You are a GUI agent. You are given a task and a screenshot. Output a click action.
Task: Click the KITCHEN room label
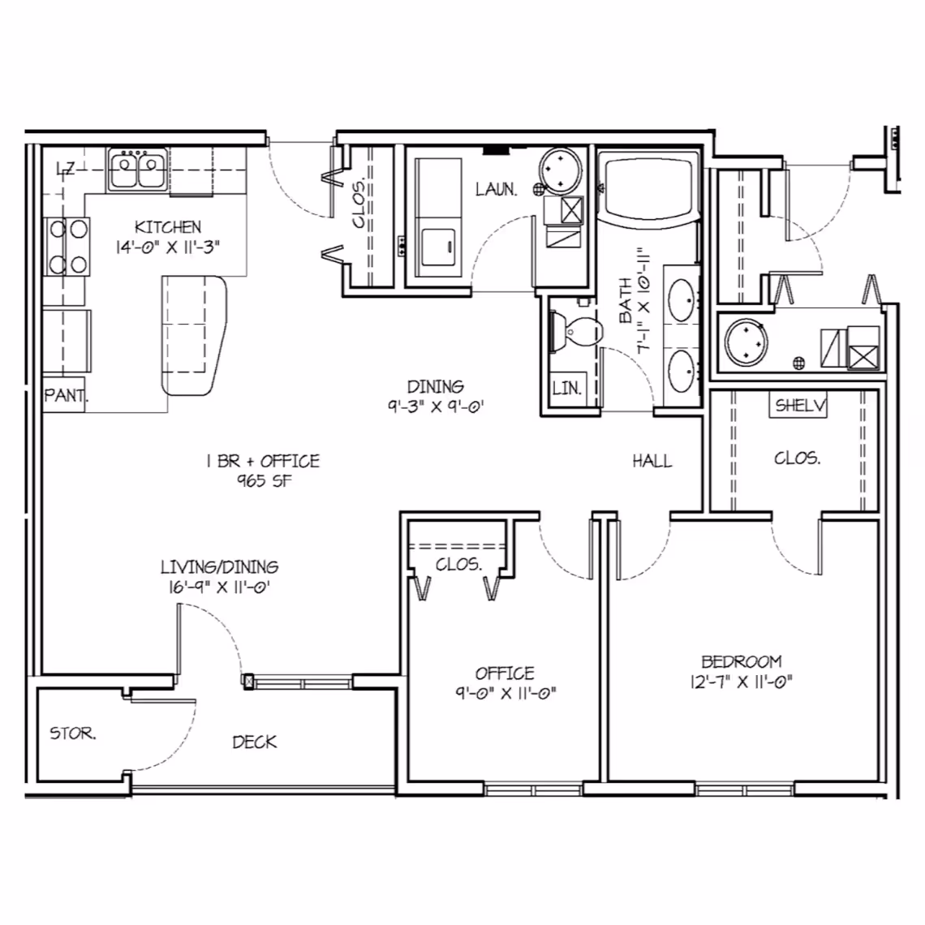(x=168, y=227)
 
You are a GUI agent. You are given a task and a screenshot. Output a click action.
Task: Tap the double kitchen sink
(x=137, y=170)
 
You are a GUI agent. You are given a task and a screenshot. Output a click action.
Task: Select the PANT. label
(x=65, y=397)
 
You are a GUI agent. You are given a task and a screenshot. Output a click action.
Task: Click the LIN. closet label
(x=566, y=389)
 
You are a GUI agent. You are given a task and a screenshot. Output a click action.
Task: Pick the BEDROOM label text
(x=741, y=662)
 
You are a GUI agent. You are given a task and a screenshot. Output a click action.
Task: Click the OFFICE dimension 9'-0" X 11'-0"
(x=505, y=693)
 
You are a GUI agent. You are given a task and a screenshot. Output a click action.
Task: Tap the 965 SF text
(x=264, y=481)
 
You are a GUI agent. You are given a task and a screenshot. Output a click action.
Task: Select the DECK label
(x=254, y=742)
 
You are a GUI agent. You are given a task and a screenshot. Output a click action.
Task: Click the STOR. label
(x=73, y=734)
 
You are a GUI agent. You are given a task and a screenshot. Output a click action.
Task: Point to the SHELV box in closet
(x=798, y=406)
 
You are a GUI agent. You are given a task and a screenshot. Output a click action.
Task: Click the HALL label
(x=652, y=462)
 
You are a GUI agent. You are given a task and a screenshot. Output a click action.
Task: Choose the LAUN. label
(x=496, y=190)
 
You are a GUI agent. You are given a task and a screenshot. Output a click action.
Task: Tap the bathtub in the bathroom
(x=648, y=188)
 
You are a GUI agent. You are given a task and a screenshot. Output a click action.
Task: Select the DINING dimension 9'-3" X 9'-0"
(x=436, y=407)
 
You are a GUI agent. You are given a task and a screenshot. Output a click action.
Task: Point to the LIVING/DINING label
(x=219, y=567)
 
